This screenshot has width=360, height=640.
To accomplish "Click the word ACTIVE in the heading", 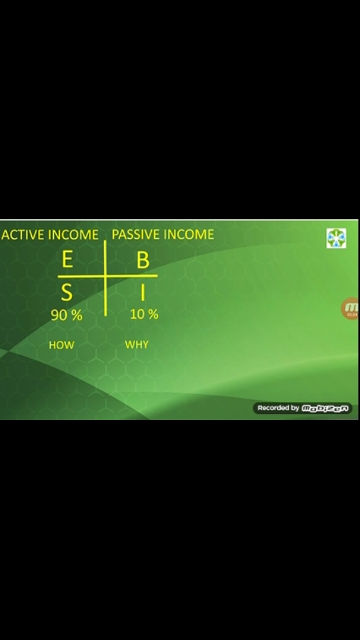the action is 23,235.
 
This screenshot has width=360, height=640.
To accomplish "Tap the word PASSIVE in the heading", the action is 135,235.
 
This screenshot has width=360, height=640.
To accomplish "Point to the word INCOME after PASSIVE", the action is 189,235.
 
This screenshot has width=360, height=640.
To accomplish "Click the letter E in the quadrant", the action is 67,259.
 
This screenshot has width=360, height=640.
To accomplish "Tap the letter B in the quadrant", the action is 143,260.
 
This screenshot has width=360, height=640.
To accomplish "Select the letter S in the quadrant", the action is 67,293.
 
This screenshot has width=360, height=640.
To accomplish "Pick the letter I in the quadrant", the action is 143,292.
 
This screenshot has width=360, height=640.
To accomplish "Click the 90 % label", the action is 67,315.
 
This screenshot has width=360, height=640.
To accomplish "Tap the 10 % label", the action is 144,314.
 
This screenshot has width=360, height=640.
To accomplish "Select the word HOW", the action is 61,345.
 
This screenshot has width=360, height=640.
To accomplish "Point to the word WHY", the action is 137,345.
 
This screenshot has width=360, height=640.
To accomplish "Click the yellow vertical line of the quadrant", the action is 105,279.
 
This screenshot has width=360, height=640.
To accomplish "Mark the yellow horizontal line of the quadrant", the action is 107,276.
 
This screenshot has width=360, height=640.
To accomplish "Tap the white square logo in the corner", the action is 336,239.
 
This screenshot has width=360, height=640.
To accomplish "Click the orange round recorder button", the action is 350,309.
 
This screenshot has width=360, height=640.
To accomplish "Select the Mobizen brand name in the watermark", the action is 325,408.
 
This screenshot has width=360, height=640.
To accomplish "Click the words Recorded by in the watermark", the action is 279,408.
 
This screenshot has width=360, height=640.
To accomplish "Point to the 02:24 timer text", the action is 352,315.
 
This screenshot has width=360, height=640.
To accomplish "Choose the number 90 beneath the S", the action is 58,315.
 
